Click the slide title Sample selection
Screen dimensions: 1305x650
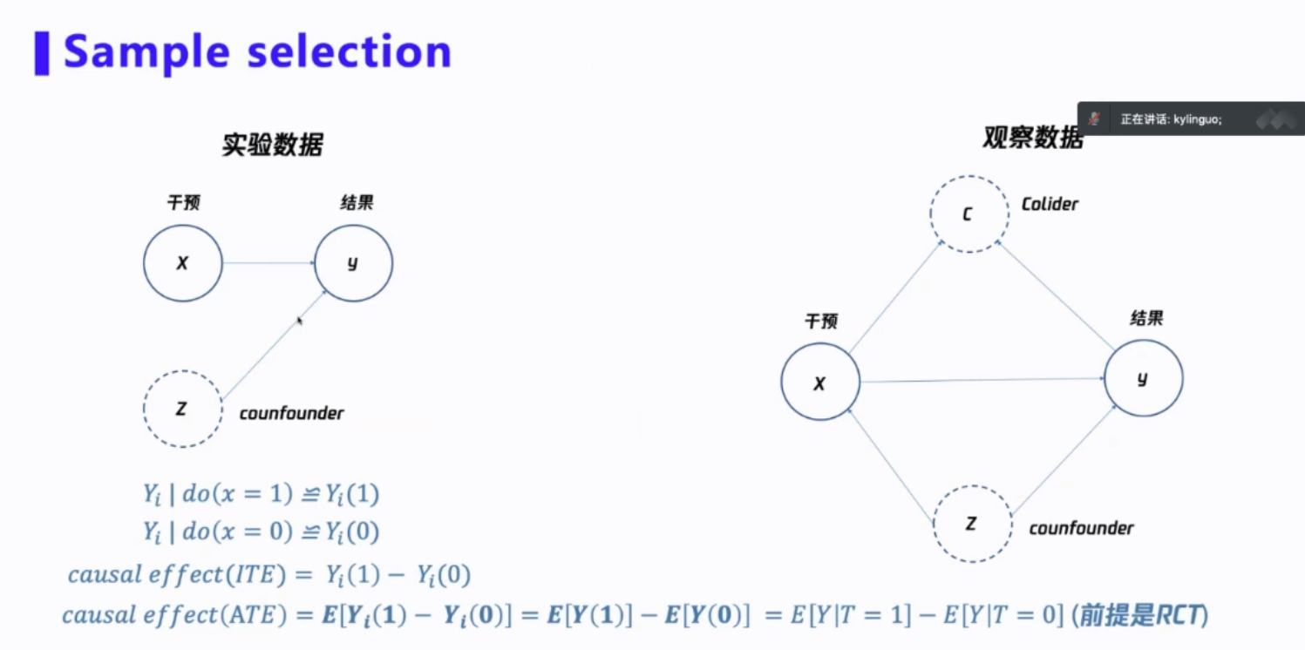click(257, 52)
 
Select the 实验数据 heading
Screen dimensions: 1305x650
click(272, 145)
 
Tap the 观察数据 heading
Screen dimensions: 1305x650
click(1032, 138)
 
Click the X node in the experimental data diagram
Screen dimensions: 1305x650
click(182, 263)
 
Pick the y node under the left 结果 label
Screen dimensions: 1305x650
click(353, 263)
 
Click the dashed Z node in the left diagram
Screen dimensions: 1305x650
click(182, 409)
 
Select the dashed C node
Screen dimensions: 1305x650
click(969, 213)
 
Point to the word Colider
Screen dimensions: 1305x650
click(1050, 204)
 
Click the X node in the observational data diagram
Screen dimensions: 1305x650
click(819, 383)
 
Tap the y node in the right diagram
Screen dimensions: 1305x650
click(1143, 379)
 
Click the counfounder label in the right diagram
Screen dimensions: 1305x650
click(1081, 528)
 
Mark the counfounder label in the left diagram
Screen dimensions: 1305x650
click(291, 413)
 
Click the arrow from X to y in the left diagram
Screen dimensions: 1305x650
click(268, 263)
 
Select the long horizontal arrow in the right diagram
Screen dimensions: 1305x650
click(982, 380)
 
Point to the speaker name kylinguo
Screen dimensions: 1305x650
click(1198, 120)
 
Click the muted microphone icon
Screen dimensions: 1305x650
click(1094, 119)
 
